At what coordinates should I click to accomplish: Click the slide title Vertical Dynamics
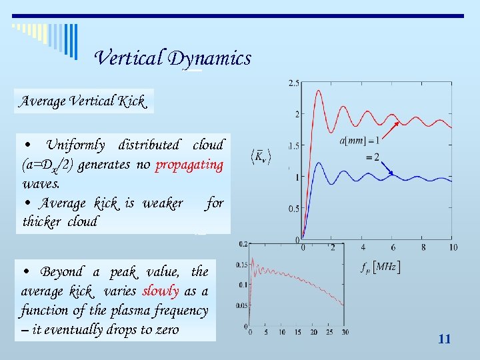pyautogui.click(x=173, y=59)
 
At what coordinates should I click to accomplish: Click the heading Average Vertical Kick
pyautogui.click(x=83, y=101)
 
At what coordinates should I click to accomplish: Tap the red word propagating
pyautogui.click(x=189, y=165)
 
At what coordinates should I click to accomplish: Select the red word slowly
pyautogui.click(x=159, y=291)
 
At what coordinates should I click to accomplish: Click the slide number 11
pyautogui.click(x=445, y=339)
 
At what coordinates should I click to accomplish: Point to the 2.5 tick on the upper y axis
pyautogui.click(x=293, y=83)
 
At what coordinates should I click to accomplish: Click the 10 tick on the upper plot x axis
pyautogui.click(x=453, y=247)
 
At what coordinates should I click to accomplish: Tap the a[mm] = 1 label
pyautogui.click(x=361, y=141)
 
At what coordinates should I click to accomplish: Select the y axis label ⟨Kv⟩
pyautogui.click(x=261, y=159)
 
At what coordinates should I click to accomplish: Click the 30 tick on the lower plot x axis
pyautogui.click(x=345, y=333)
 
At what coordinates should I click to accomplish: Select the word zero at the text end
pyautogui.click(x=165, y=329)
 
